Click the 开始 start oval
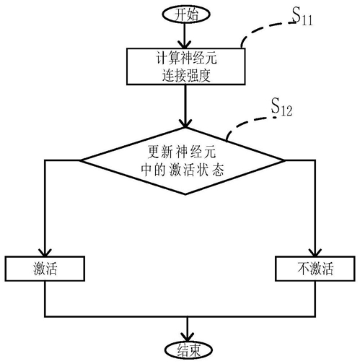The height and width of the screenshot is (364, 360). coord(186,14)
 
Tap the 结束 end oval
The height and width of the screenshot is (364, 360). coord(188,350)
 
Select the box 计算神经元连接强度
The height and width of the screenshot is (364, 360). coord(186,66)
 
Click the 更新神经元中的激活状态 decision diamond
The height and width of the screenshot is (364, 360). coord(183,161)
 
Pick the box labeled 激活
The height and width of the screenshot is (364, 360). coord(45,269)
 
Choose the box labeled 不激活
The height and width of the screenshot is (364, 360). coord(315,269)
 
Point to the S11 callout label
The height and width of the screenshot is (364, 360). coord(302,16)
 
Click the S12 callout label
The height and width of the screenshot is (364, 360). coord(281,107)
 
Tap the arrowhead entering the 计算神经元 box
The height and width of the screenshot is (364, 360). coord(185,45)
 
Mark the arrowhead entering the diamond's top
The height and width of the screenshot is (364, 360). coord(185,123)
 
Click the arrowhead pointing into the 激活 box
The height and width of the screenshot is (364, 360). coord(45,252)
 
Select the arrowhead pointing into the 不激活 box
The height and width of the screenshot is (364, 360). coord(315,252)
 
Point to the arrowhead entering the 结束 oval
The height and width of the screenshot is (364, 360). coord(188,337)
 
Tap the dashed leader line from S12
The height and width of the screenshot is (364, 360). coord(247,122)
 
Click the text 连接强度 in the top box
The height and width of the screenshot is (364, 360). coord(186,75)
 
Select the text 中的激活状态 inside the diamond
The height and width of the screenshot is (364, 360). coord(183,170)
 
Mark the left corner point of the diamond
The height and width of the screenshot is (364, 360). coord(80,160)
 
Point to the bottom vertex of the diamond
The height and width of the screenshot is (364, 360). coord(185,194)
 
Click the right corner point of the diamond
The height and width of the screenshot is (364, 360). coord(285,160)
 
